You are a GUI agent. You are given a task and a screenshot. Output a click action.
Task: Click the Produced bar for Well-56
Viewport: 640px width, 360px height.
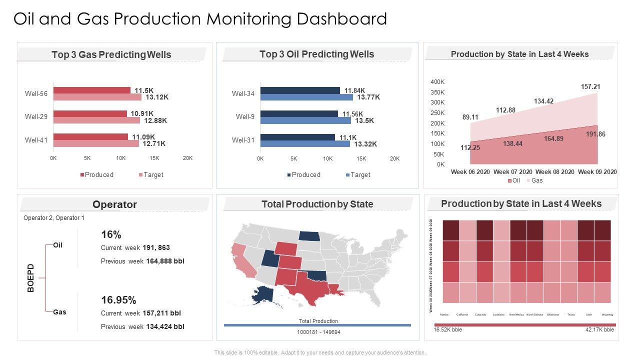(x=92, y=90)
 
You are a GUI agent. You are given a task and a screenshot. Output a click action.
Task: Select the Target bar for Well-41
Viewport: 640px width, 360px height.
(x=96, y=143)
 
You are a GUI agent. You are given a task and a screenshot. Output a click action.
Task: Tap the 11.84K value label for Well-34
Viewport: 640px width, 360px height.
(x=355, y=90)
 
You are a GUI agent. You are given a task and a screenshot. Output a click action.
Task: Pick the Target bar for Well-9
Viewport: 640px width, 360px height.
(x=305, y=120)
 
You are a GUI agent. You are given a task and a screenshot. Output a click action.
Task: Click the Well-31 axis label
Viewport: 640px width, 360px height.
(x=243, y=140)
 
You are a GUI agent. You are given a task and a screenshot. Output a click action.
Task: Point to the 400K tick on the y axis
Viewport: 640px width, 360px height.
(x=437, y=82)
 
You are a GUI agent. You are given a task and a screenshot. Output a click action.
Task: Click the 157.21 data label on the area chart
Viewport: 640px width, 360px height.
(x=590, y=87)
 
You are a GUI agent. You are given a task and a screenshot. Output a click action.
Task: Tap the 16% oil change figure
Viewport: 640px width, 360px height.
(x=111, y=235)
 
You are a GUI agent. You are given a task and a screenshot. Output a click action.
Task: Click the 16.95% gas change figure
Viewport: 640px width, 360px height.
(x=118, y=300)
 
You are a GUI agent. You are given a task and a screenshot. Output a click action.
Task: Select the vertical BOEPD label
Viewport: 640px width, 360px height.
(x=31, y=278)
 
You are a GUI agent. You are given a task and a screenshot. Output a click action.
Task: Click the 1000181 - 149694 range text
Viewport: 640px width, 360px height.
(x=318, y=332)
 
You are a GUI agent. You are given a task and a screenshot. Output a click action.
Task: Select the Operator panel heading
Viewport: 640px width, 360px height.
(x=114, y=204)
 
